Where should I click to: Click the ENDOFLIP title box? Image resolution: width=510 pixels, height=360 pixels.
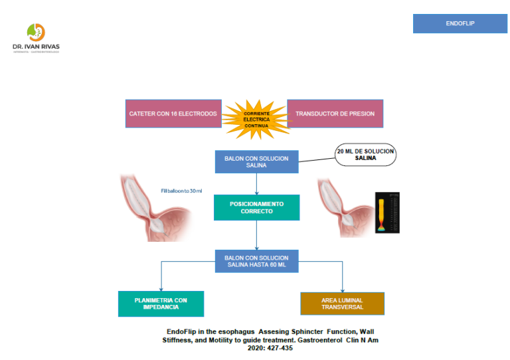[460, 23]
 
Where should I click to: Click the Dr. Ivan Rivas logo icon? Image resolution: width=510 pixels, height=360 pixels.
[36, 33]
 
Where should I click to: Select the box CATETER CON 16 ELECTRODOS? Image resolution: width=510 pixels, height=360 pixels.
[173, 114]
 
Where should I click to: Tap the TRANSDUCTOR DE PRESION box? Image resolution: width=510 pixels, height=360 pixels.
[335, 114]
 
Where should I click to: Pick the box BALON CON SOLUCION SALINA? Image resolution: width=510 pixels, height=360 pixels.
[256, 161]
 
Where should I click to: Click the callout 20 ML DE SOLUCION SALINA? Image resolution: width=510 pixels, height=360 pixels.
[365, 155]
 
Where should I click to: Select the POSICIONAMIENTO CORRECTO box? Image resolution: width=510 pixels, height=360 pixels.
[256, 207]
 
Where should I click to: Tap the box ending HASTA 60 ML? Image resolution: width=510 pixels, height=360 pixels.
[256, 261]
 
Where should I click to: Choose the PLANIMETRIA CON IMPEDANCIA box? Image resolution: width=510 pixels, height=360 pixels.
[161, 304]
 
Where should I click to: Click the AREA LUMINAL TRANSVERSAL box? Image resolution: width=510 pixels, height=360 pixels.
[343, 304]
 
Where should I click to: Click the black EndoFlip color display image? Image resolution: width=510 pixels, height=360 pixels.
[387, 213]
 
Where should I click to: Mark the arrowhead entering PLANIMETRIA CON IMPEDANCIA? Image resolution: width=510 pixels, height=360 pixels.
[161, 289]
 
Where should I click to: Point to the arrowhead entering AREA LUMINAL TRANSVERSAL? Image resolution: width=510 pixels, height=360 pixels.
[343, 290]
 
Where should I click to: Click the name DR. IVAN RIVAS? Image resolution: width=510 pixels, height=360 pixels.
[36, 46]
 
